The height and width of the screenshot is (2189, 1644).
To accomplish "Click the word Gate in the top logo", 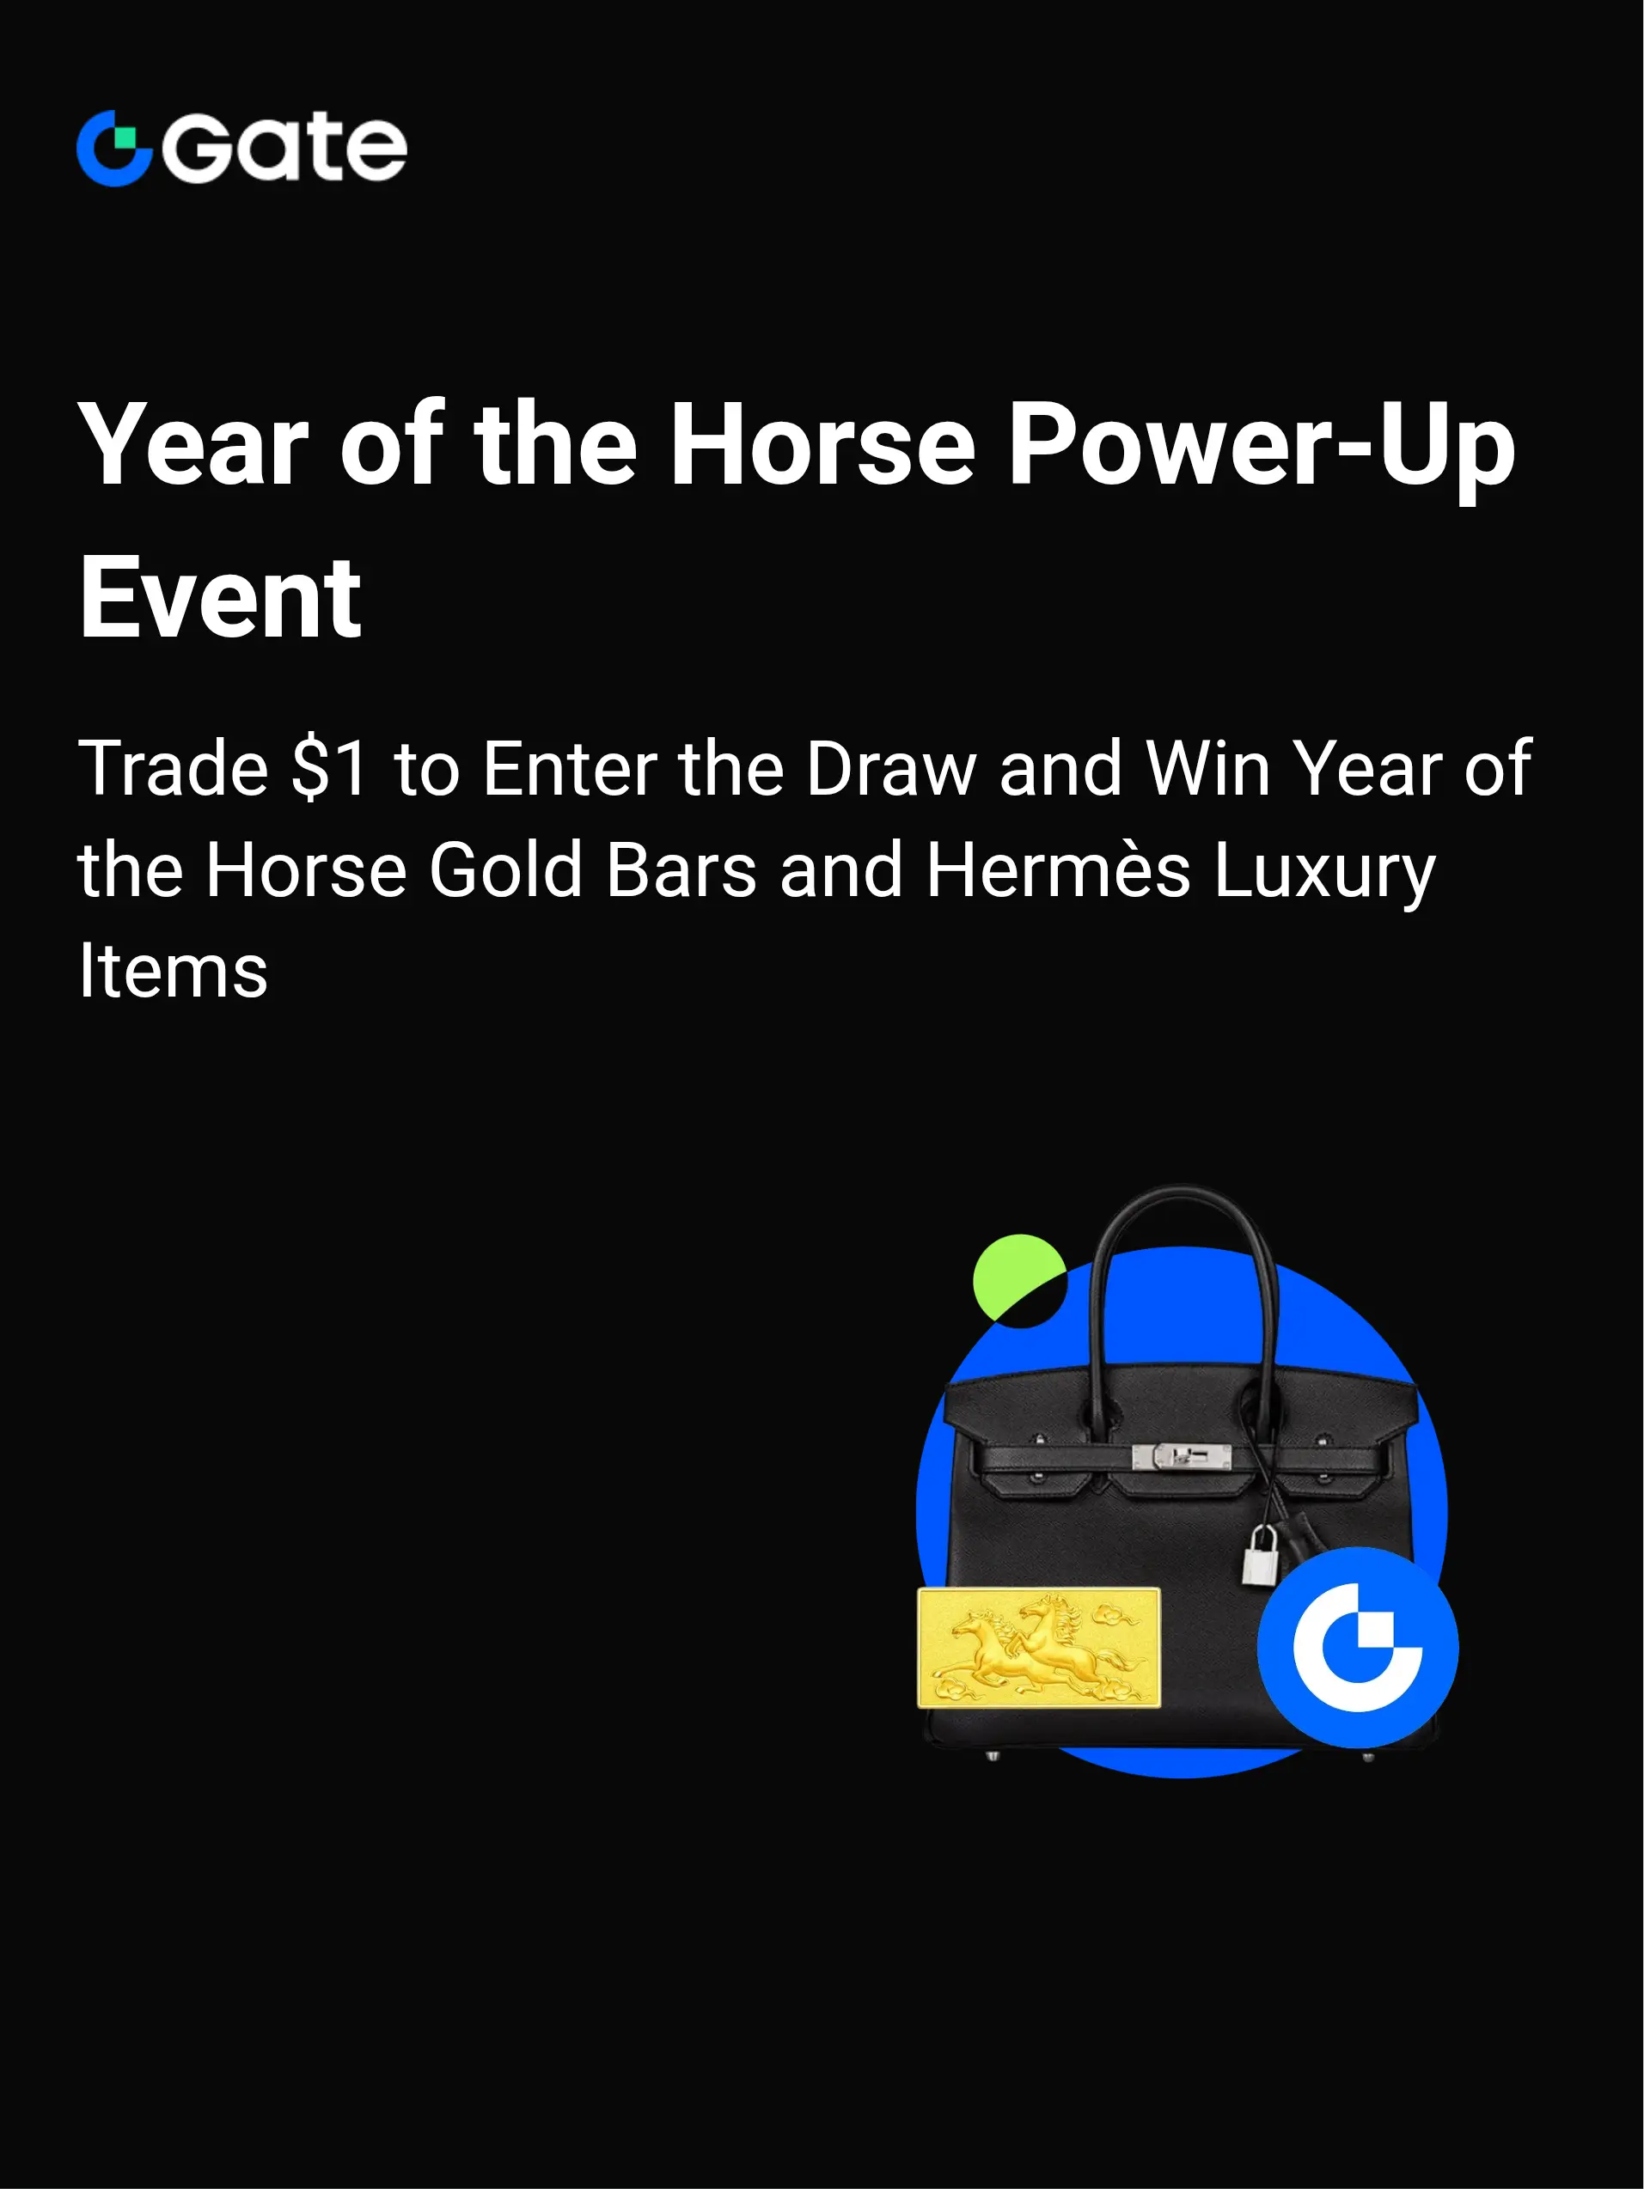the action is pos(284,149).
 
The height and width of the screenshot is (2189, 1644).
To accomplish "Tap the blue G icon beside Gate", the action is pos(113,149).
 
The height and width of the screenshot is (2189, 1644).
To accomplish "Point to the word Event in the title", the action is pos(221,598).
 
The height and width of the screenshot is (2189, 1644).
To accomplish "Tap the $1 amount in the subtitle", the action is pos(331,768).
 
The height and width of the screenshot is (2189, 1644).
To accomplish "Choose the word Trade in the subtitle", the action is pos(174,768).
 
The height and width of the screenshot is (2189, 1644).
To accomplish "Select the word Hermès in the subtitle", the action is pos(1058,870).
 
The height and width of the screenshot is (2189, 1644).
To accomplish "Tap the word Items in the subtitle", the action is pos(174,971).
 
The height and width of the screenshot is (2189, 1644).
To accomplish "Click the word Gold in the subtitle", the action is pos(506,870).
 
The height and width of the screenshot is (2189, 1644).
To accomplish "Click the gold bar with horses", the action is pos(1038,1648).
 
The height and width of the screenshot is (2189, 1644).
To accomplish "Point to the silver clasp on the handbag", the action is pos(1182,1455).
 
